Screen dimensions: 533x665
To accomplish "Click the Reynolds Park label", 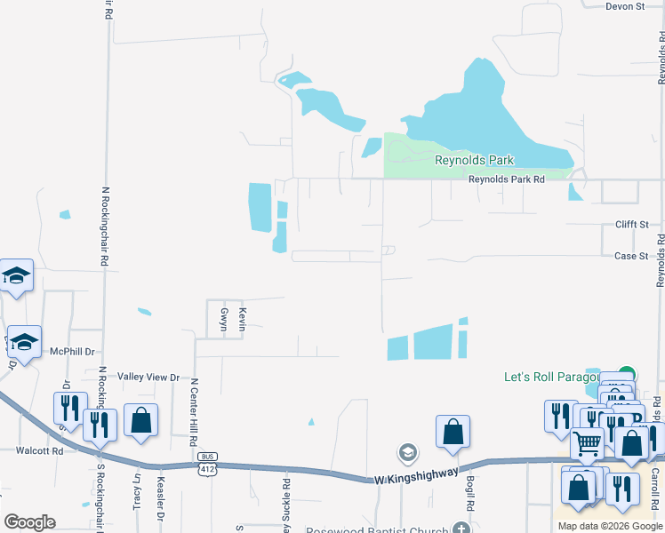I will click(x=474, y=161).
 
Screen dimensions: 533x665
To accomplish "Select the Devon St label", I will click(x=624, y=6).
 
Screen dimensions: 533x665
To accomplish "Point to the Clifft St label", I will click(x=632, y=225).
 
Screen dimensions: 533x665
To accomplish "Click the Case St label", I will click(x=631, y=256).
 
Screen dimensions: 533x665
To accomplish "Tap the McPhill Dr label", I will click(x=72, y=352).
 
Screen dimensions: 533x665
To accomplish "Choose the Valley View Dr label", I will click(x=149, y=378).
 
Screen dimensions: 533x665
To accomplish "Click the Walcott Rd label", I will click(x=39, y=451).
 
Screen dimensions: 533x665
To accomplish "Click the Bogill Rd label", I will click(x=469, y=493).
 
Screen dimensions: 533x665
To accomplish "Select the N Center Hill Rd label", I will click(x=193, y=413).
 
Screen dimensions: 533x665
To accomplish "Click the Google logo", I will click(x=29, y=522).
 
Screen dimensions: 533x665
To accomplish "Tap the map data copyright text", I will click(x=609, y=526).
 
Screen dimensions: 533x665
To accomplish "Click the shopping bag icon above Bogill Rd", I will click(x=453, y=432).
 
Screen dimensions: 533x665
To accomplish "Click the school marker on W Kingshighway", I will click(x=408, y=453).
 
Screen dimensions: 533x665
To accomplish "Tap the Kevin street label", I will click(x=241, y=319).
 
